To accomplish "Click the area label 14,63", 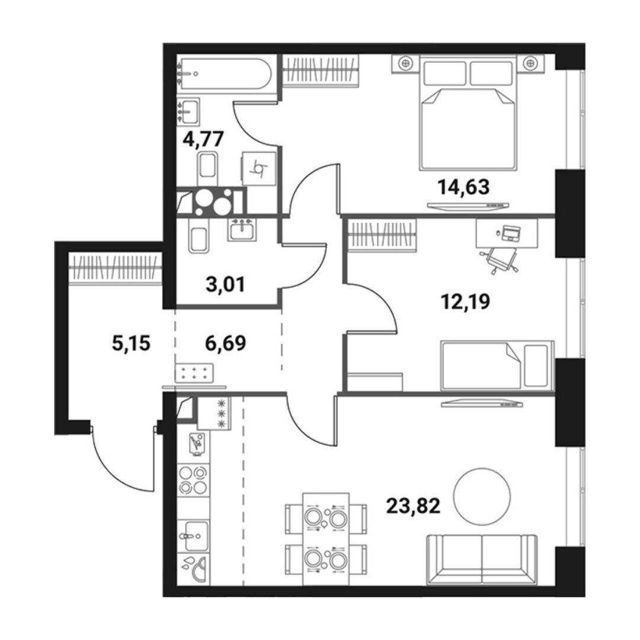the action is pyautogui.click(x=463, y=187).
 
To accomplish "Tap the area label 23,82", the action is pyautogui.click(x=413, y=506).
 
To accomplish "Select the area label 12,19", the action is pyautogui.click(x=465, y=302).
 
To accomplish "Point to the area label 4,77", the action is pyautogui.click(x=203, y=139).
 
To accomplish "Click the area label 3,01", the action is pyautogui.click(x=226, y=284).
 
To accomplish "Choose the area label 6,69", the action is pyautogui.click(x=226, y=343).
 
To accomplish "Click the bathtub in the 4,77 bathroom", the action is pyautogui.click(x=224, y=73).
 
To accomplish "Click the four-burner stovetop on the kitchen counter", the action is pyautogui.click(x=194, y=481).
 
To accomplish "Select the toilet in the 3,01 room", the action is pyautogui.click(x=199, y=236).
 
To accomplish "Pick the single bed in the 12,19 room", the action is pyautogui.click(x=497, y=365).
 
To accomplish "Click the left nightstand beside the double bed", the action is pyautogui.click(x=405, y=63).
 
